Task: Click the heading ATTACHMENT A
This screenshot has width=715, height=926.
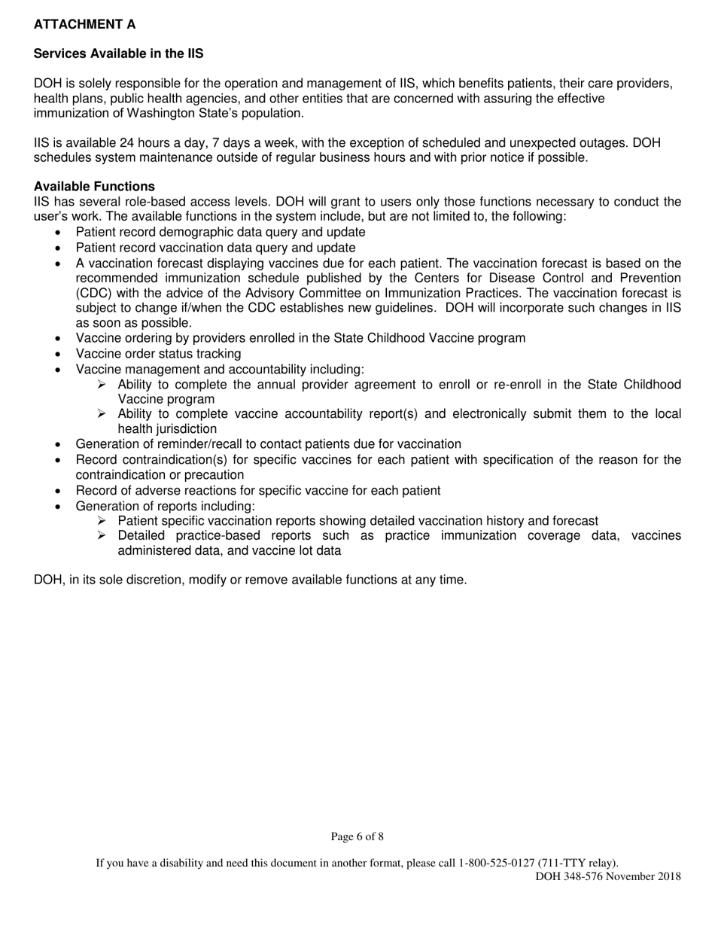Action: pyautogui.click(x=85, y=25)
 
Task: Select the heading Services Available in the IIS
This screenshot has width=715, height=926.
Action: pyautogui.click(x=118, y=54)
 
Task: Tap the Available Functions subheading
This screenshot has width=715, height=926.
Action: pyautogui.click(x=94, y=187)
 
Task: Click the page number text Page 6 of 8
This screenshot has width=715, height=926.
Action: pyautogui.click(x=357, y=836)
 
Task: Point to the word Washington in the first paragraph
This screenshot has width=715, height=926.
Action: pyautogui.click(x=147, y=113)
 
